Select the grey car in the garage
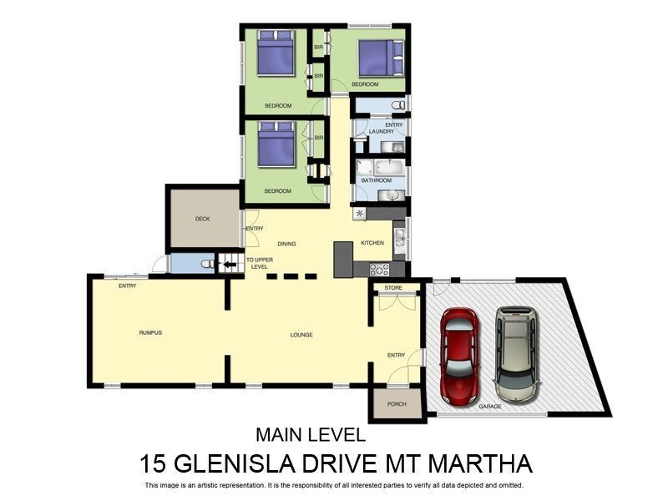(x=517, y=352)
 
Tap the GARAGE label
(x=490, y=407)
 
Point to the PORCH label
(x=397, y=404)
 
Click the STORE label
(x=393, y=288)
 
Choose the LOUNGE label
(x=301, y=335)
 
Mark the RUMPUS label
(x=150, y=332)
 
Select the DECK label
(x=202, y=219)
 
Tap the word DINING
(x=287, y=244)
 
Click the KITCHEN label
(x=372, y=243)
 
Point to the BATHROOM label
(x=376, y=180)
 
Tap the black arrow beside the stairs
(x=230, y=265)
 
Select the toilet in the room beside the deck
(x=204, y=265)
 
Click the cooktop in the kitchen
(x=379, y=269)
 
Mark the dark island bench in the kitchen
(x=343, y=260)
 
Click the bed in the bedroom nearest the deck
(x=276, y=145)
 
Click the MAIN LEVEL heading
(x=310, y=435)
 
